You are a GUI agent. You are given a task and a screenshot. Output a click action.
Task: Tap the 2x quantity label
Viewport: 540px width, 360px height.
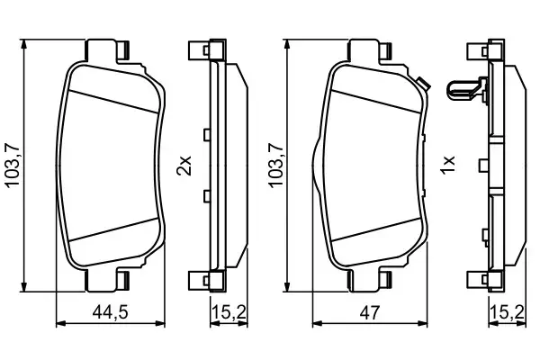184,166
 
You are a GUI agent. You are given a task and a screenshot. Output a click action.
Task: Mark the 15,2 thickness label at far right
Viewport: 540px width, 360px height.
505,313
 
